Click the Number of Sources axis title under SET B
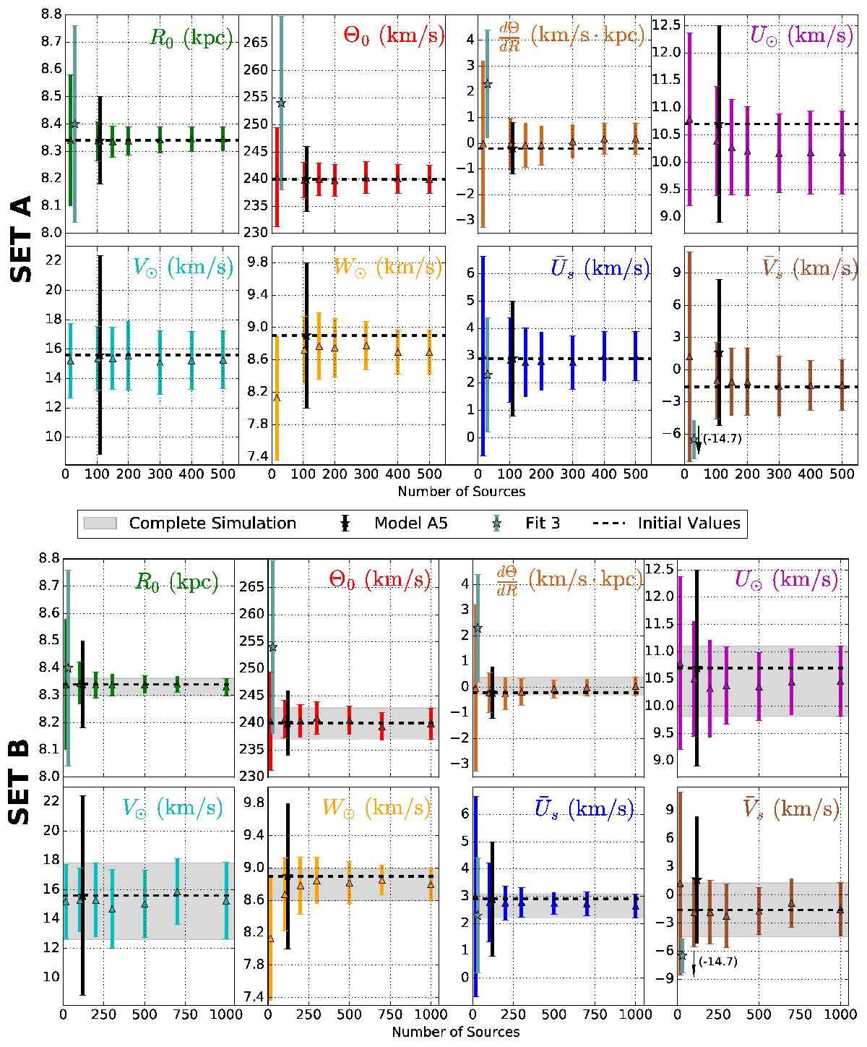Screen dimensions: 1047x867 tap(455, 1032)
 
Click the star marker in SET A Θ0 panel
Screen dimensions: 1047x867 tap(281, 103)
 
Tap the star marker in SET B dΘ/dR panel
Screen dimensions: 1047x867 tap(477, 629)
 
